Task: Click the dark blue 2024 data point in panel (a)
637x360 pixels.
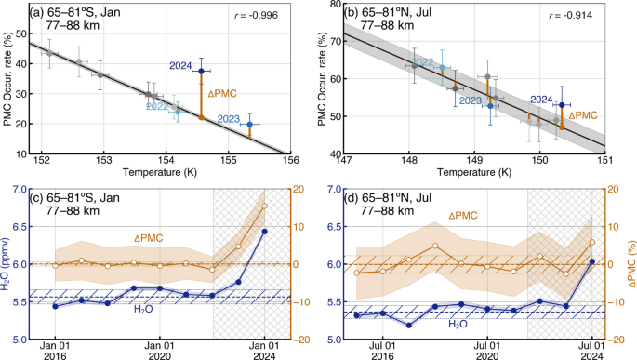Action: pyautogui.click(x=201, y=72)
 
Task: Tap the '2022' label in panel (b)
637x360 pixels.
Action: pyautogui.click(x=422, y=62)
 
